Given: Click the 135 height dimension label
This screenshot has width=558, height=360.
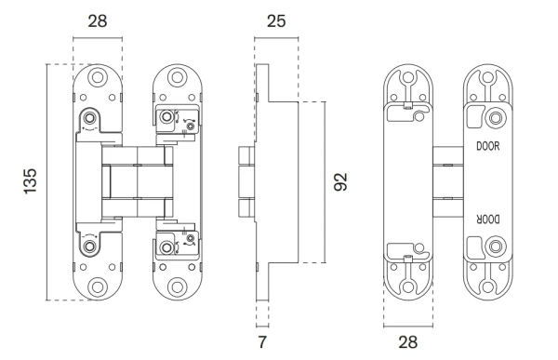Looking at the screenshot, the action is tap(31, 181).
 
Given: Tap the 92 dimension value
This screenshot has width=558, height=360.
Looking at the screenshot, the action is tap(340, 182).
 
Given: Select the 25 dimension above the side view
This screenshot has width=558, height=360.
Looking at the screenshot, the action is tap(276, 21).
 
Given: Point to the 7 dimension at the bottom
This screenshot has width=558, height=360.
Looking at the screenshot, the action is tap(262, 341).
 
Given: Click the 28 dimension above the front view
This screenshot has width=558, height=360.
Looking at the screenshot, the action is tap(98, 21).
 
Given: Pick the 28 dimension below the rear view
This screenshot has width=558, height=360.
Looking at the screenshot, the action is tap(408, 342).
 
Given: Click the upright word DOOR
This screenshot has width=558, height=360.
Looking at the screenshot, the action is tap(488, 146).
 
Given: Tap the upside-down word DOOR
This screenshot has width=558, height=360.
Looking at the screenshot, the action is tap(488, 220).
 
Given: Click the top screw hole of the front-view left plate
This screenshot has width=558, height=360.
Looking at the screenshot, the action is tap(98, 77).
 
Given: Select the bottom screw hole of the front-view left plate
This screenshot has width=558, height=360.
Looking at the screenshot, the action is tap(98, 287).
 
